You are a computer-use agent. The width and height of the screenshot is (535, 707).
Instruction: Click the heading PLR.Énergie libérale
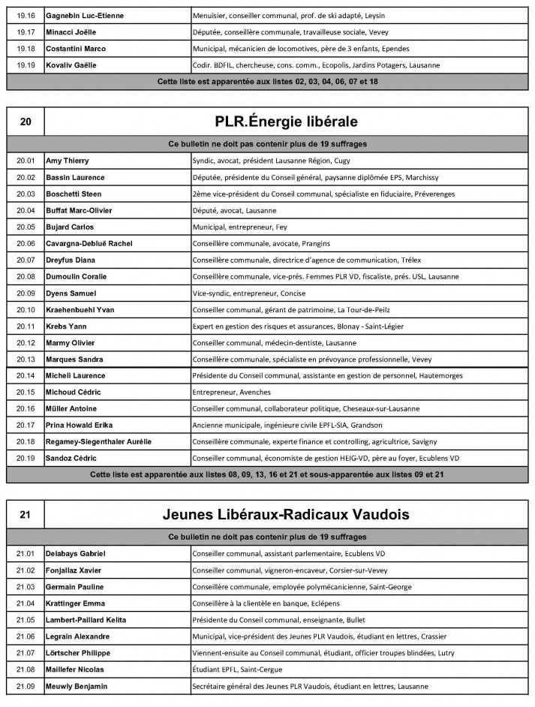(x=285, y=121)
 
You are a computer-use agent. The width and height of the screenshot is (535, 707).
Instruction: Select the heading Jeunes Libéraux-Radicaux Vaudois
(x=285, y=515)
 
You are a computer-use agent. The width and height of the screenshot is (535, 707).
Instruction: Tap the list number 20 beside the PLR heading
(x=26, y=121)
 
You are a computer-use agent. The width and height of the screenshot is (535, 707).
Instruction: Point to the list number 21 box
(x=26, y=515)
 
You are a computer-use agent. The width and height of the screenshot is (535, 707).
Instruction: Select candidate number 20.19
(x=26, y=458)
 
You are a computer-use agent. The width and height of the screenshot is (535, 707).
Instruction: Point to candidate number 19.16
(x=26, y=16)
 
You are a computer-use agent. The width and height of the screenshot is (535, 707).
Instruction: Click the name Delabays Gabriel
(x=76, y=554)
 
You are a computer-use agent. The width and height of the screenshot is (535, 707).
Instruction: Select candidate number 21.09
(x=26, y=686)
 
